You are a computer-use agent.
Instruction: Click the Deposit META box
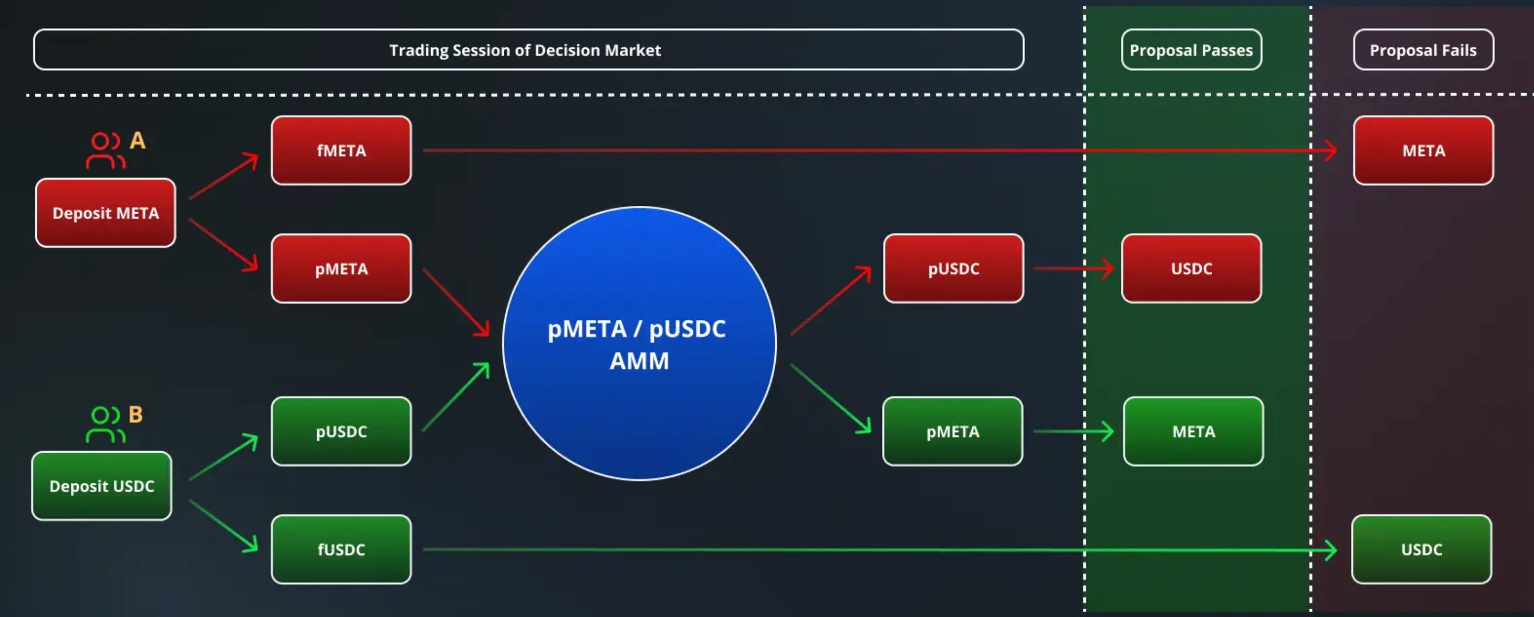coord(105,213)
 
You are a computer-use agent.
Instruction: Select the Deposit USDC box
coord(102,486)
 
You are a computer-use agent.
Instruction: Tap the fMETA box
coord(341,150)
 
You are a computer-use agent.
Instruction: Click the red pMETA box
coord(341,269)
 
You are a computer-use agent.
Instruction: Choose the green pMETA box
coord(953,431)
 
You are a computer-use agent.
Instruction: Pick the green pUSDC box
coord(341,431)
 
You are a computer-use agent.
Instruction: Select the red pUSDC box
coord(954,269)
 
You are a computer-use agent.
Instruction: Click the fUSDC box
coord(341,549)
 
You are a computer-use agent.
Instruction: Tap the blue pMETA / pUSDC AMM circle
coord(639,344)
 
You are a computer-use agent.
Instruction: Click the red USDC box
coord(1191,269)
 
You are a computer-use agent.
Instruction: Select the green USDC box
coord(1422,549)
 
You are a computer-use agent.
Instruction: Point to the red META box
coord(1423,150)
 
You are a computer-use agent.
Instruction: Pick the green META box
coord(1194,431)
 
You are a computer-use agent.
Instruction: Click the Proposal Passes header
coord(1191,50)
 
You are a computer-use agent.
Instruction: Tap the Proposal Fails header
coord(1423,50)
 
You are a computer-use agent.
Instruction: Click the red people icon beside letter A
coord(105,151)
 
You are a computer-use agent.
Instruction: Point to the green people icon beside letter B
coord(105,424)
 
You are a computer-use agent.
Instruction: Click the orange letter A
coord(137,141)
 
